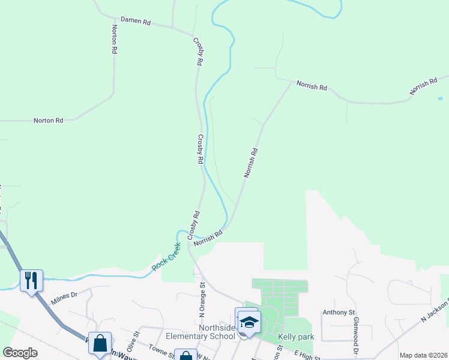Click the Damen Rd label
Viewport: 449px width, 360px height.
point(135,20)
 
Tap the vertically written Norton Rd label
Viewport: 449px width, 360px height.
point(113,39)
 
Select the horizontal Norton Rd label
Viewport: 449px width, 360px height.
point(48,121)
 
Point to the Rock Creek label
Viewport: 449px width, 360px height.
point(166,256)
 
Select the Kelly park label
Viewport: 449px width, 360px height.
point(295,337)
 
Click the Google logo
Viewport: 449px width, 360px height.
point(20,352)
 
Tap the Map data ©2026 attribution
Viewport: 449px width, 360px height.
point(423,355)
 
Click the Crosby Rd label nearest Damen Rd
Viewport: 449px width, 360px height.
point(199,52)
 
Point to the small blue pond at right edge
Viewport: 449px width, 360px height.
point(440,98)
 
